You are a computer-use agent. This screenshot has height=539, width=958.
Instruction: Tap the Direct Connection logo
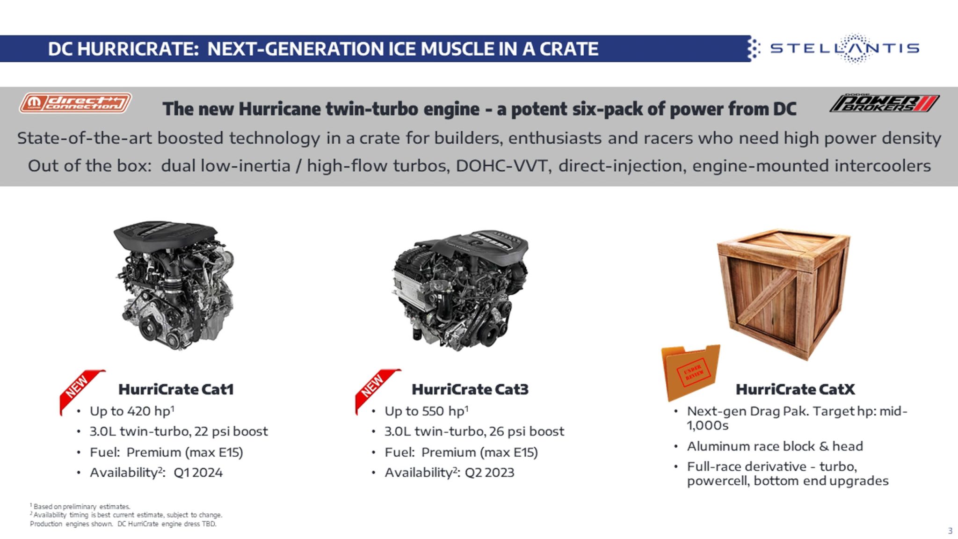(75, 102)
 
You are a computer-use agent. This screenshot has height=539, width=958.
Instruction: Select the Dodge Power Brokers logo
(884, 102)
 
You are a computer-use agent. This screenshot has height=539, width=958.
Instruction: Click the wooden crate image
(783, 294)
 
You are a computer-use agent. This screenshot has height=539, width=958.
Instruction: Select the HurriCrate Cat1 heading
(176, 389)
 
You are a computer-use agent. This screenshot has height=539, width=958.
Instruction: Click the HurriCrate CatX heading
(795, 389)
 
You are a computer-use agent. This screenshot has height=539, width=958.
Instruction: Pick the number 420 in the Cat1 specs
(139, 411)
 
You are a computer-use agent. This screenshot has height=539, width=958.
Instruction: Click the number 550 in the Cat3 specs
(433, 411)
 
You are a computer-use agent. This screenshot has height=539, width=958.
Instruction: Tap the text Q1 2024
(198, 473)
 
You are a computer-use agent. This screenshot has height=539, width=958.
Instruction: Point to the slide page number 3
(950, 531)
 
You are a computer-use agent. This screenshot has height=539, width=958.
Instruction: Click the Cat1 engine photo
(174, 285)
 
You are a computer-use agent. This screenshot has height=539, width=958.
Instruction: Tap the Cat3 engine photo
(460, 290)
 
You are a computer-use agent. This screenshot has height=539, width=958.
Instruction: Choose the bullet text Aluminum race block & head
(775, 446)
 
